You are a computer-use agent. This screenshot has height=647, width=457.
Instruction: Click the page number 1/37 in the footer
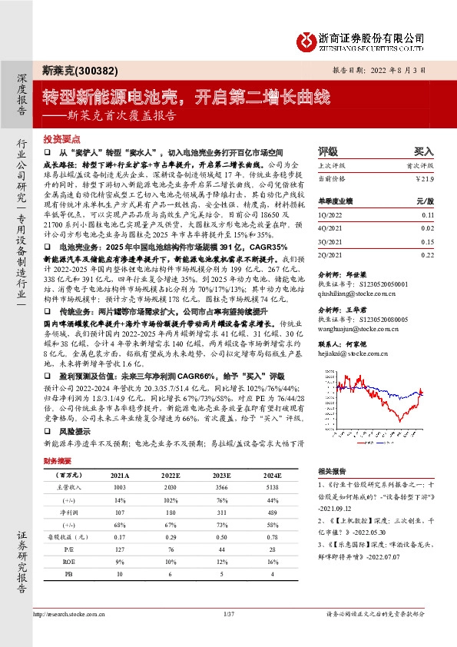[x=227, y=613]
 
